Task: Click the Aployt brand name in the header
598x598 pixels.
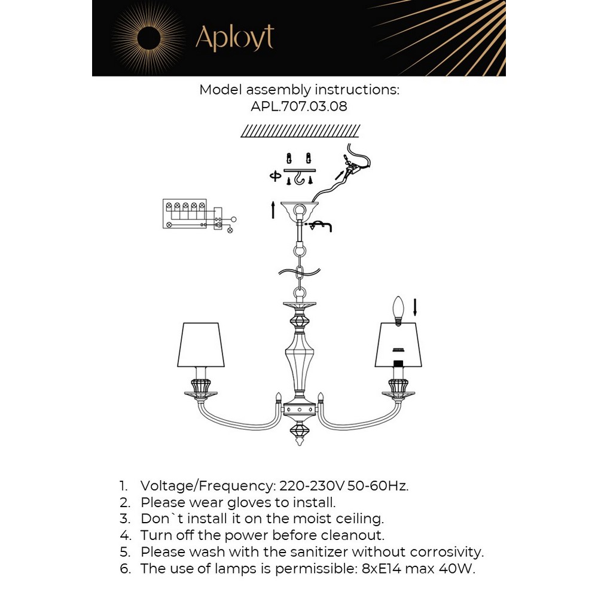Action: click(x=234, y=37)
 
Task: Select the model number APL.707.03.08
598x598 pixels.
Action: click(x=299, y=107)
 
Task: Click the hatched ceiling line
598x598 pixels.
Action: click(x=300, y=131)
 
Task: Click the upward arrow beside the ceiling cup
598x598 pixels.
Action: click(x=273, y=210)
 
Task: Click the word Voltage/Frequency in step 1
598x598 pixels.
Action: click(x=206, y=485)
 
